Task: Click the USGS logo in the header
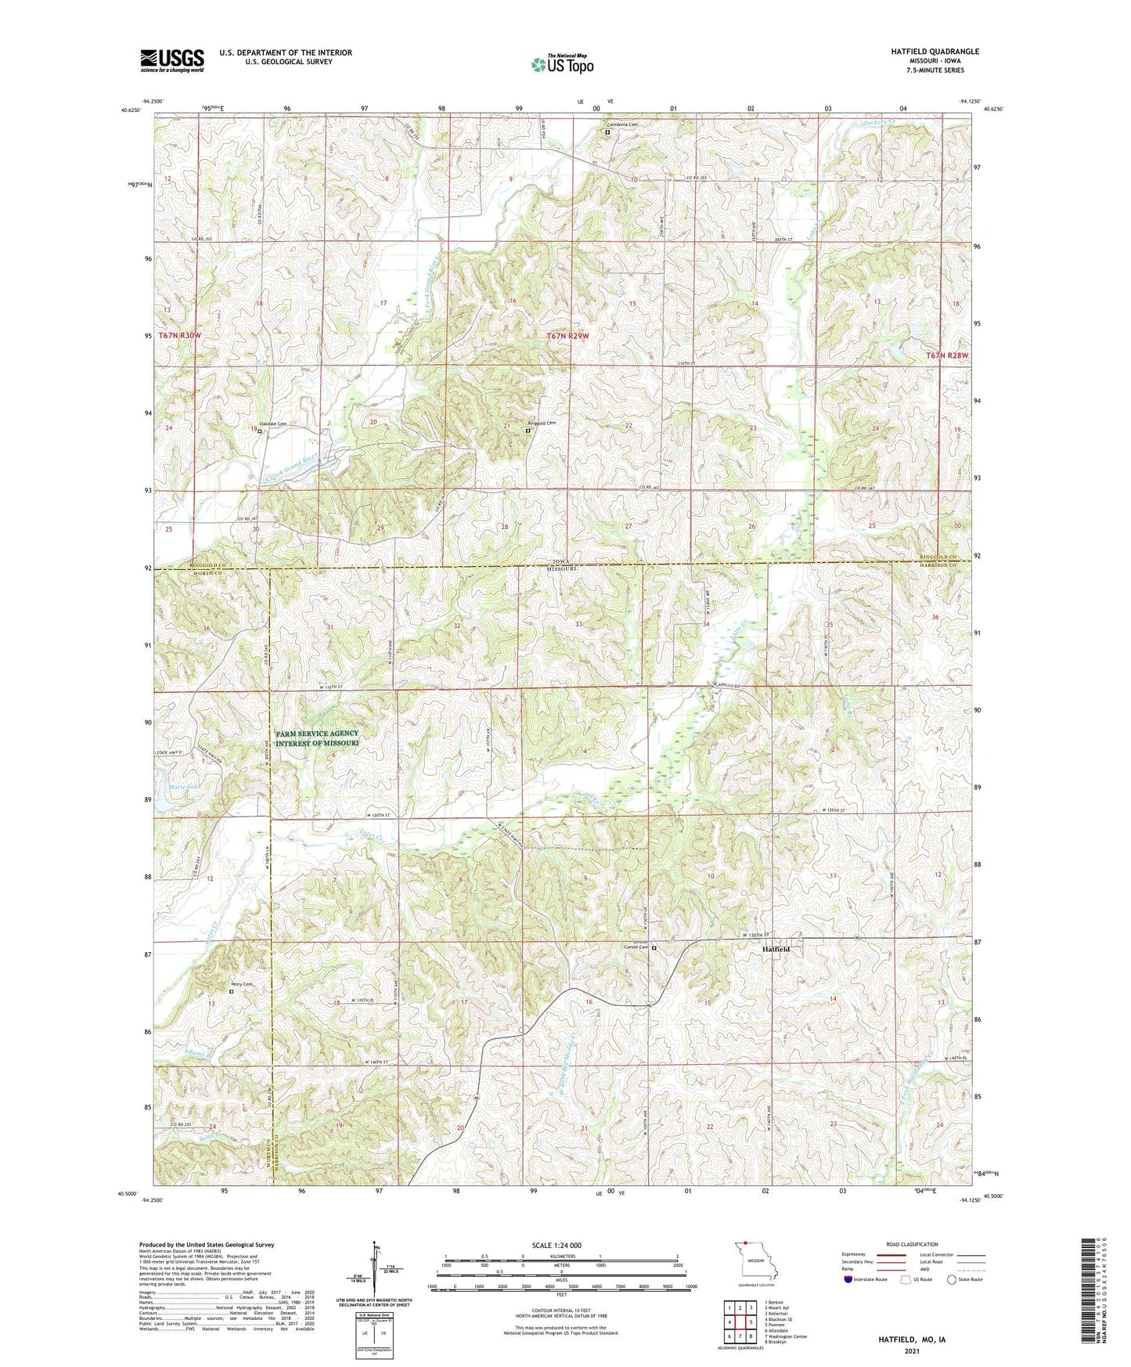click(172, 60)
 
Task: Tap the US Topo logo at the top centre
click(561, 64)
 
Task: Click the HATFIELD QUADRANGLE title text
click(934, 52)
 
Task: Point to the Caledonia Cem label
click(623, 124)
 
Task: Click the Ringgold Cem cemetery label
click(542, 424)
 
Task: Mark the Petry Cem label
click(241, 984)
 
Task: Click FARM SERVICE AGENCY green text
click(317, 734)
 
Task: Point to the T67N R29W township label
click(567, 336)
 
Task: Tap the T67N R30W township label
click(179, 335)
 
